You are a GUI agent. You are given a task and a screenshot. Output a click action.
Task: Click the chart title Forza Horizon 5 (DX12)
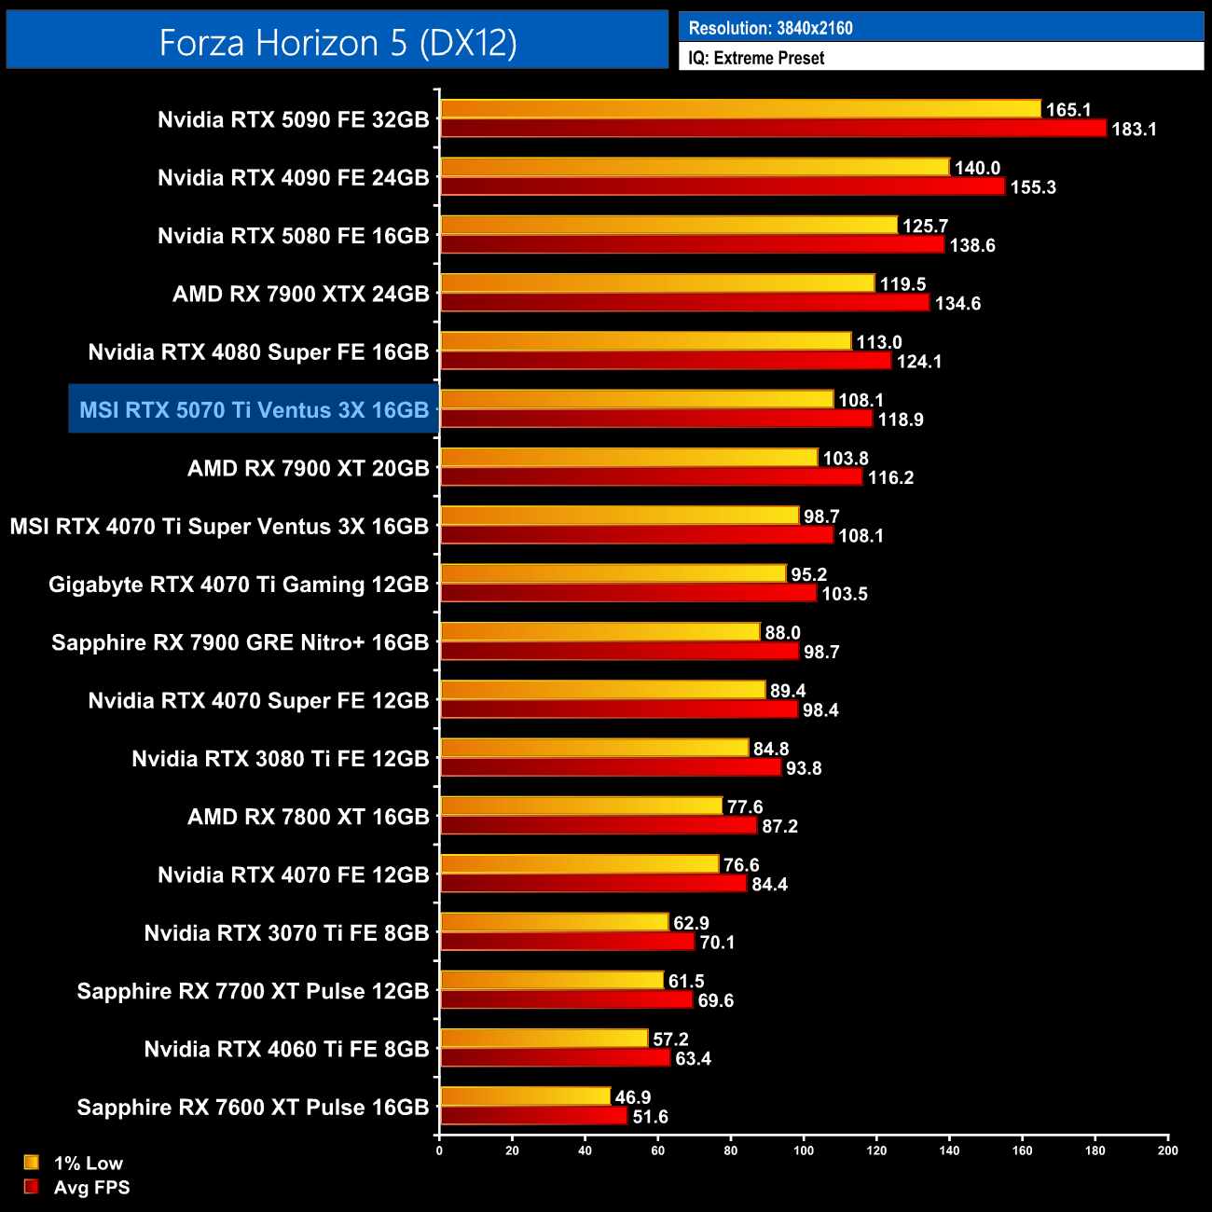tap(337, 43)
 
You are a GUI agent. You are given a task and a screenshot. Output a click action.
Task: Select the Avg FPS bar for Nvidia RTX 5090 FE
tap(773, 129)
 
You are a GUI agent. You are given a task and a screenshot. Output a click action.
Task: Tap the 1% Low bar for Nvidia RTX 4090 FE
tap(695, 168)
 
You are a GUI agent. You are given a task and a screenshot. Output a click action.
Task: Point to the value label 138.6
tap(972, 245)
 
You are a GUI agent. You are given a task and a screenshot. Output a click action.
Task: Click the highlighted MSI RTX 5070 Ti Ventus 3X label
tap(254, 410)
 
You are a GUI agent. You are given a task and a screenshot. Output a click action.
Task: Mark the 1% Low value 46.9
tap(633, 1097)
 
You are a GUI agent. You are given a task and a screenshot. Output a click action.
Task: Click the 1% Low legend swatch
tap(32, 1163)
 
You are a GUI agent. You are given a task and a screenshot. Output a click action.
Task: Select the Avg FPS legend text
tap(91, 1187)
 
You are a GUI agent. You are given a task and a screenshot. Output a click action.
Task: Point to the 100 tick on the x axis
tap(804, 1150)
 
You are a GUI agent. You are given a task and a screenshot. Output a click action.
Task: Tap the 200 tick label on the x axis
tap(1167, 1150)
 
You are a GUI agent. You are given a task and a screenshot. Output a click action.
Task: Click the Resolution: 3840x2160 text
tap(770, 28)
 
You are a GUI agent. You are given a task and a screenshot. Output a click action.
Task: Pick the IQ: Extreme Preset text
tap(756, 58)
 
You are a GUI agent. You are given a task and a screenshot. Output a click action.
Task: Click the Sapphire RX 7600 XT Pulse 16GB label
tap(253, 1108)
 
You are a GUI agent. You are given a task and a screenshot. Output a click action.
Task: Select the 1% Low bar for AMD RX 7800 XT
tap(581, 806)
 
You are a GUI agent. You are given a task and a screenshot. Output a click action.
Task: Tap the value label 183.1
tap(1134, 129)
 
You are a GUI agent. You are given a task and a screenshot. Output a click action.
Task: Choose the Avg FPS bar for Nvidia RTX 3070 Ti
tap(567, 942)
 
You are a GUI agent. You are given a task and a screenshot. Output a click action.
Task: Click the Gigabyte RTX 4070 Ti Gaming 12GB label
tap(239, 585)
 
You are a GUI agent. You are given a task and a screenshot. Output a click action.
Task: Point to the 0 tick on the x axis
tap(439, 1150)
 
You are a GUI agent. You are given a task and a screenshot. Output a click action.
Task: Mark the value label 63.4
tap(693, 1058)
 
